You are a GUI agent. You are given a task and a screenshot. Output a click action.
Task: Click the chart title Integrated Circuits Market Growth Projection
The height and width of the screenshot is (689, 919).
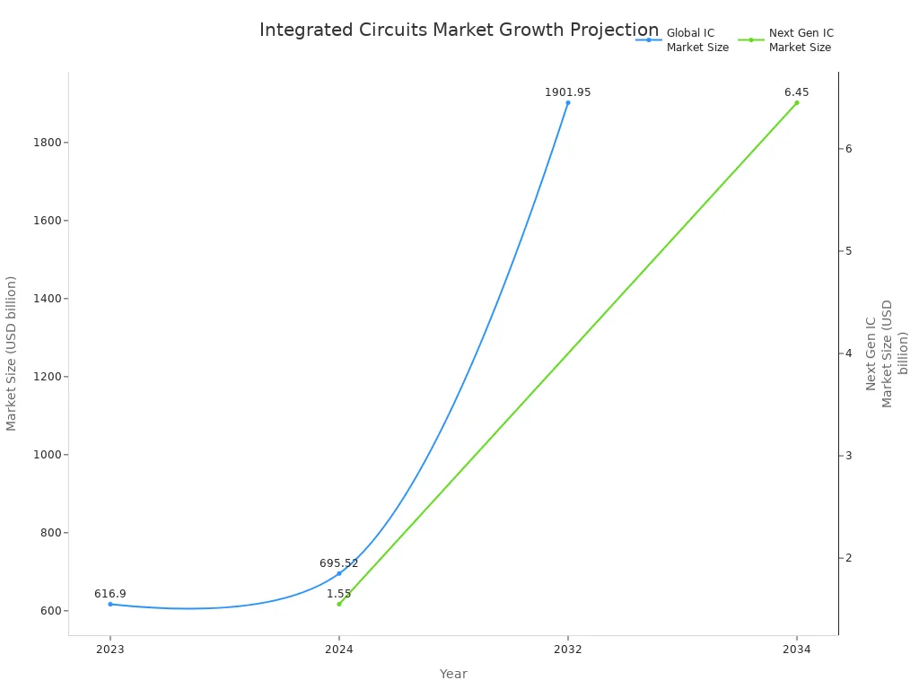pyautogui.click(x=459, y=30)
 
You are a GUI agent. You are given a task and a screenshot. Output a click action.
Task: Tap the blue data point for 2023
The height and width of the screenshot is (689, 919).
pyautogui.click(x=110, y=604)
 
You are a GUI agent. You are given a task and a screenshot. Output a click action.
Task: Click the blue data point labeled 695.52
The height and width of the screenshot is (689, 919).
pyautogui.click(x=339, y=573)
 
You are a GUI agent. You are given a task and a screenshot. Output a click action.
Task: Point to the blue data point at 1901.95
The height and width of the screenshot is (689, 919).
pyautogui.click(x=567, y=102)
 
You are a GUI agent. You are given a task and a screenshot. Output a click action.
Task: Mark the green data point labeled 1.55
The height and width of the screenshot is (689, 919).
pyautogui.click(x=339, y=604)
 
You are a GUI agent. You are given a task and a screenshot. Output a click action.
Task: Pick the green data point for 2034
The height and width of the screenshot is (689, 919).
pyautogui.click(x=796, y=102)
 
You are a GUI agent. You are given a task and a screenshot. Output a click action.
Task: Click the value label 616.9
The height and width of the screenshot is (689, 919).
pyautogui.click(x=110, y=594)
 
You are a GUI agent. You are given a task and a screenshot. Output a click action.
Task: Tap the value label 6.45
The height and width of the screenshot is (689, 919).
pyautogui.click(x=796, y=92)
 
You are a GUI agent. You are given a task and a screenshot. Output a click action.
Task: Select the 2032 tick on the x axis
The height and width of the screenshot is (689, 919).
pyautogui.click(x=567, y=650)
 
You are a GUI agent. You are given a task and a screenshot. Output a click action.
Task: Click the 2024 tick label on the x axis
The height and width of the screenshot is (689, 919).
pyautogui.click(x=339, y=650)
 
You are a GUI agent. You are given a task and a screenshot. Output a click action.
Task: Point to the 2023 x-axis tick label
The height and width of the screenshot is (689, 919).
pyautogui.click(x=110, y=650)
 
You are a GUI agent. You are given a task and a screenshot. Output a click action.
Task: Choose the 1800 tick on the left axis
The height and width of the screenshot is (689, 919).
pyautogui.click(x=47, y=143)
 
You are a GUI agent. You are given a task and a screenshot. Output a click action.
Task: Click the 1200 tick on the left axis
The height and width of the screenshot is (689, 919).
pyautogui.click(x=47, y=377)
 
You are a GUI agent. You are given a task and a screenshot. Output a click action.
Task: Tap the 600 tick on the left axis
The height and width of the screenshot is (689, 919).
pyautogui.click(x=49, y=611)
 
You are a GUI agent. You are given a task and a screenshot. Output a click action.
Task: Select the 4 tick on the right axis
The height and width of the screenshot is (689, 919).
pyautogui.click(x=848, y=353)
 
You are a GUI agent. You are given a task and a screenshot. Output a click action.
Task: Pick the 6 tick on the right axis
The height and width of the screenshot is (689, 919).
pyautogui.click(x=848, y=149)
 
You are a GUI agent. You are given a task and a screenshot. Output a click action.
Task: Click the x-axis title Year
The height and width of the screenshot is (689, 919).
pyautogui.click(x=453, y=674)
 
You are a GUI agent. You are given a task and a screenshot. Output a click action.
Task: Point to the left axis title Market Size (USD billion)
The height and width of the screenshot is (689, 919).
pyautogui.click(x=12, y=353)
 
